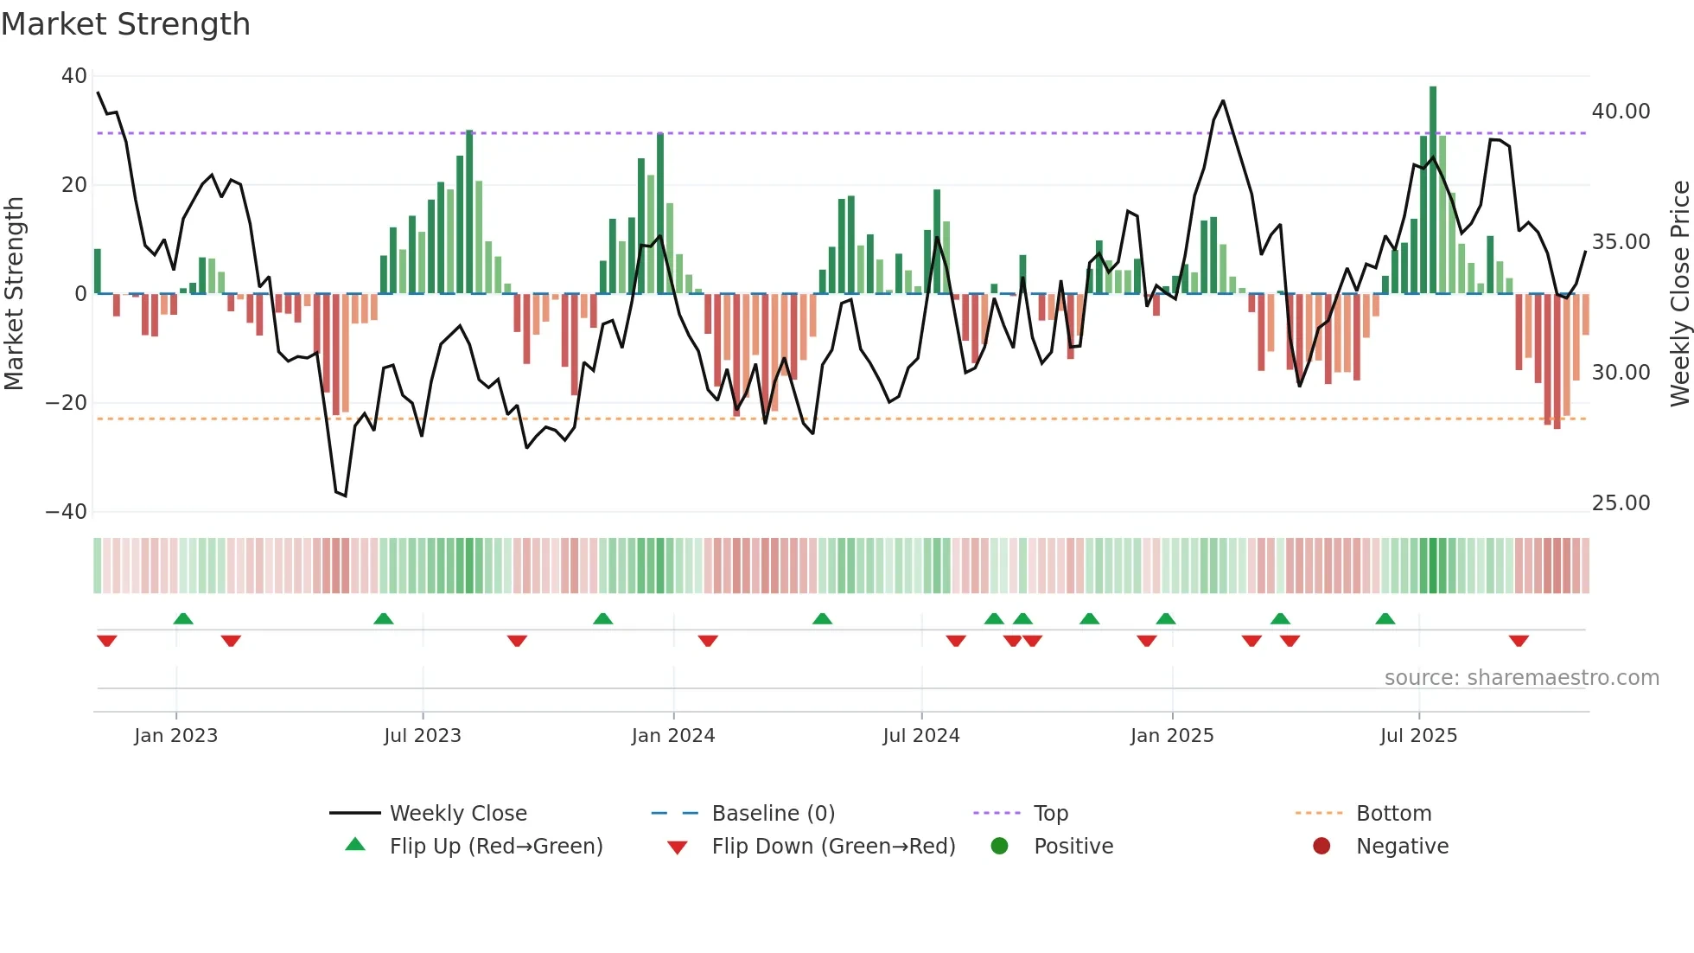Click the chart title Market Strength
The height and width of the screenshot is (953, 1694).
click(x=125, y=24)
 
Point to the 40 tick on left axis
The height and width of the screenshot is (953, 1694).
click(x=73, y=76)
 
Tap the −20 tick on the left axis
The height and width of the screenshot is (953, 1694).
click(x=67, y=403)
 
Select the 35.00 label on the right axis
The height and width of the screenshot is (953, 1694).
click(x=1621, y=242)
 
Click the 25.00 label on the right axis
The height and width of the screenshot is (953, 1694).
click(x=1621, y=503)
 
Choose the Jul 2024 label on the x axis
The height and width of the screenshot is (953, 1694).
click(x=920, y=736)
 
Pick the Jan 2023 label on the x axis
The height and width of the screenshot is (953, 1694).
click(x=175, y=736)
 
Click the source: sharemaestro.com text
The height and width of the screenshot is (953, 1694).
click(x=1521, y=678)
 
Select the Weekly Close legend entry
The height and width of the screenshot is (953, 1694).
click(x=457, y=814)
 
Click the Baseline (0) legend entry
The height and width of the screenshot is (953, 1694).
click(x=773, y=814)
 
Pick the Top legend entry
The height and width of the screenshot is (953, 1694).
click(x=1050, y=814)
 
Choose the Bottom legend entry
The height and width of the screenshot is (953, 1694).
click(x=1393, y=814)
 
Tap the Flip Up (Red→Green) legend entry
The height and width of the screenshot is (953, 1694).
click(x=495, y=847)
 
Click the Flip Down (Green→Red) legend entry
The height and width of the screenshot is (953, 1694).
click(x=833, y=847)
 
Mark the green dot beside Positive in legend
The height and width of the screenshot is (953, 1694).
click(x=999, y=847)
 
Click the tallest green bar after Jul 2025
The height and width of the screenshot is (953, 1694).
click(x=1433, y=190)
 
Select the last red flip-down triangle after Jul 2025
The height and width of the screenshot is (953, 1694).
click(x=1519, y=641)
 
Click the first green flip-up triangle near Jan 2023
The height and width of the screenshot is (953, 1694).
click(x=183, y=618)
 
